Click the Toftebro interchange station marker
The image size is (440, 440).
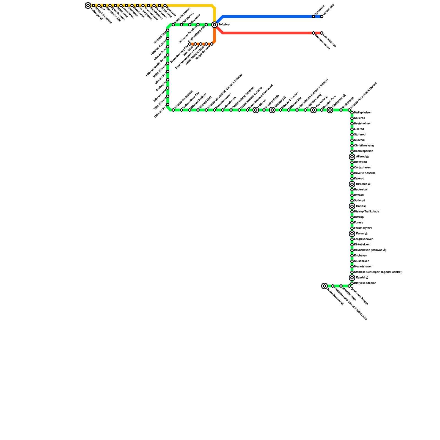click(215, 25)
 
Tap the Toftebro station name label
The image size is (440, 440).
click(224, 25)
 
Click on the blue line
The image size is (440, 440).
click(267, 16)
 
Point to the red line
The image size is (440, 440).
click(267, 33)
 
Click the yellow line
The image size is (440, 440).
click(190, 5)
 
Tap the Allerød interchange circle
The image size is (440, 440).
click(352, 157)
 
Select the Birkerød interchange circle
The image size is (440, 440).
click(352, 184)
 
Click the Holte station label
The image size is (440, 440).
click(361, 206)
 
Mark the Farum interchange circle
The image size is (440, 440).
click(352, 234)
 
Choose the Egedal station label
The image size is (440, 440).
click(362, 278)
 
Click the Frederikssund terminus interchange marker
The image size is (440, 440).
click(324, 286)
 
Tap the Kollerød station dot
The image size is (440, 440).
click(352, 118)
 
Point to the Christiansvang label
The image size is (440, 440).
click(364, 146)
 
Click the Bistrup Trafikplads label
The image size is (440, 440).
click(366, 212)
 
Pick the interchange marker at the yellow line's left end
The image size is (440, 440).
click(88, 5)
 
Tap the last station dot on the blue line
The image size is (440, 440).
click(322, 16)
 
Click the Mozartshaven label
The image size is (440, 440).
click(363, 267)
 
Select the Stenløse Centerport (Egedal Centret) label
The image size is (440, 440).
click(378, 272)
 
